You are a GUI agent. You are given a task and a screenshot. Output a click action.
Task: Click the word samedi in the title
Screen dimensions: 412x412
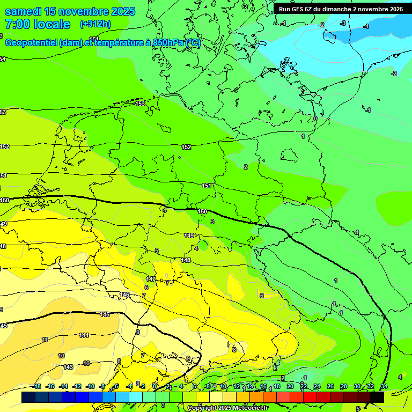point(27,11)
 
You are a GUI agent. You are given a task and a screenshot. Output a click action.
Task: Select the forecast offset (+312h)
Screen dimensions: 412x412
point(96,24)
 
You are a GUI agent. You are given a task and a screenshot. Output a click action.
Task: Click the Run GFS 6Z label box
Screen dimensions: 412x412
point(340,9)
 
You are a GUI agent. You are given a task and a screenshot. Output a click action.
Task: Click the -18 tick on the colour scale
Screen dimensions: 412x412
point(36,386)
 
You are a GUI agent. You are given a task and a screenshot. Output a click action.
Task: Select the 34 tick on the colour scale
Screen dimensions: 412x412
point(384,386)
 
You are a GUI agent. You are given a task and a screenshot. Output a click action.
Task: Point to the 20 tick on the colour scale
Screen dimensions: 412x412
point(290,386)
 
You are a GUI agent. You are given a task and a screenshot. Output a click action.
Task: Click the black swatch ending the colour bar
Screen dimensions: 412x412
point(377,397)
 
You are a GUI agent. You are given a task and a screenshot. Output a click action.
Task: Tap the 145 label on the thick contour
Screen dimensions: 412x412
point(105,314)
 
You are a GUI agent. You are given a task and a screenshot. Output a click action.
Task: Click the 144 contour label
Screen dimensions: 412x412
point(84,335)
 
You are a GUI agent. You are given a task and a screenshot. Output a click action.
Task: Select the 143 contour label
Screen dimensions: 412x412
point(68,367)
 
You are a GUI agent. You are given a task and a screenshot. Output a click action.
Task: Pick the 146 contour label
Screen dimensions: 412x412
point(124,295)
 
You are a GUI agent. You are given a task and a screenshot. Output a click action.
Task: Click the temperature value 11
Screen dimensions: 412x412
point(45,340)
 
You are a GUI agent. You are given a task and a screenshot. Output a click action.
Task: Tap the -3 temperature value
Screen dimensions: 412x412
point(343,23)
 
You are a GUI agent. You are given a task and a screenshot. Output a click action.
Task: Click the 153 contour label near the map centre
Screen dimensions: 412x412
point(140,104)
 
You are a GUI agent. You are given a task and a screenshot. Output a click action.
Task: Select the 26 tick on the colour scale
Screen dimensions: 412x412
point(330,386)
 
